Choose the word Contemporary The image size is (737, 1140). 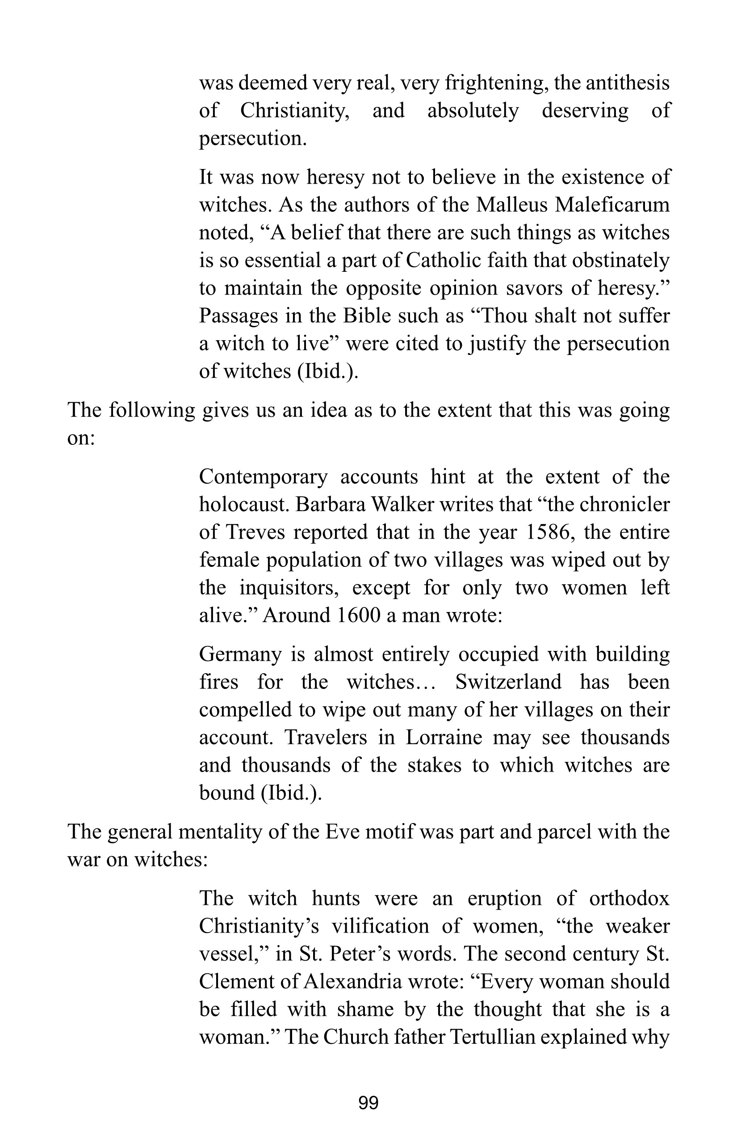263,477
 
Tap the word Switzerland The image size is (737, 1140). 508,682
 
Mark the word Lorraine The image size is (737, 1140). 444,738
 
